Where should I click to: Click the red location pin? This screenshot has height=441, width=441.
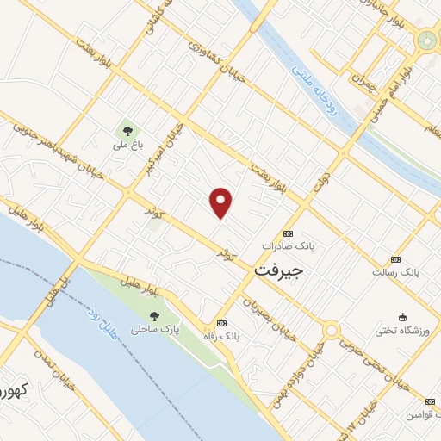pos(221,202)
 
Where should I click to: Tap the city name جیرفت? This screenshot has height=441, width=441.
pos(280,270)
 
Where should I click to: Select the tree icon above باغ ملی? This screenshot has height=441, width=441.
pos(127,131)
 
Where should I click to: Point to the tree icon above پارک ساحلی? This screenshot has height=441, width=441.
pos(153,315)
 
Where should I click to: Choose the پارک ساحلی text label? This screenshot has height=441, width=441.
pos(151,330)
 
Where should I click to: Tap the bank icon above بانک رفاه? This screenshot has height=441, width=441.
pos(223,323)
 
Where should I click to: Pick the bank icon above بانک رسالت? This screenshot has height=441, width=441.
pos(395,259)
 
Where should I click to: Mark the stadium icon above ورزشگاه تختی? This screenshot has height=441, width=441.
pos(401,316)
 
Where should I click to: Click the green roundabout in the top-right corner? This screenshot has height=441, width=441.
pos(426,40)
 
